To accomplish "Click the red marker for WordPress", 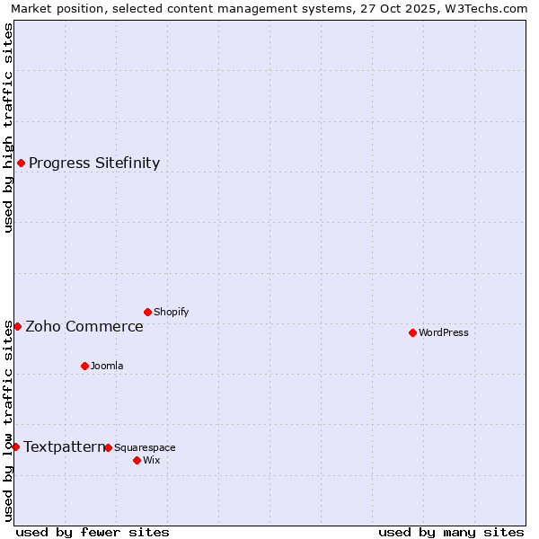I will coord(412,332).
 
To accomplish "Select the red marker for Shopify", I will coord(147,312).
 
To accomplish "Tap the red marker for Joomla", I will coord(84,366).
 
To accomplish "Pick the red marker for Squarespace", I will coord(108,447).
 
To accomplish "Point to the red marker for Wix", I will coord(137,460).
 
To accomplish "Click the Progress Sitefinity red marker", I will coord(21,163).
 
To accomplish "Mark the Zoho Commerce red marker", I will coord(17,326).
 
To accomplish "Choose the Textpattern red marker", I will coord(15,446).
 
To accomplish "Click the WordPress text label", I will coord(444,333).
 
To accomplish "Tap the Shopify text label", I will coord(171,313).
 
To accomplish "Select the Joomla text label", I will coord(107,367).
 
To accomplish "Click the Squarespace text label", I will coord(145,448).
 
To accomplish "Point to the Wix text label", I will coord(151,461).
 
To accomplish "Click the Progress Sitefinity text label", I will coord(94,163).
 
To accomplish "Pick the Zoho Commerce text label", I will coord(84,326).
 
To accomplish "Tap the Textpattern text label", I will coord(64,446).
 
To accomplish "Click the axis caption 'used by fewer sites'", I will coord(93,532).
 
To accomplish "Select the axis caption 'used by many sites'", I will coord(451,532).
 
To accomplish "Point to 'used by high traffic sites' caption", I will coord(8,128).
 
